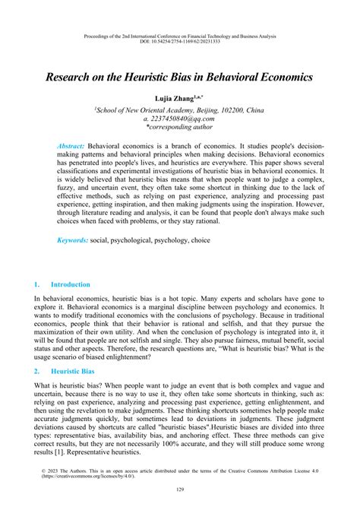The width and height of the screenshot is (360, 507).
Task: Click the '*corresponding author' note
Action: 180,128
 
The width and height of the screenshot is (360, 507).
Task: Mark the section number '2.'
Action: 37,371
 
